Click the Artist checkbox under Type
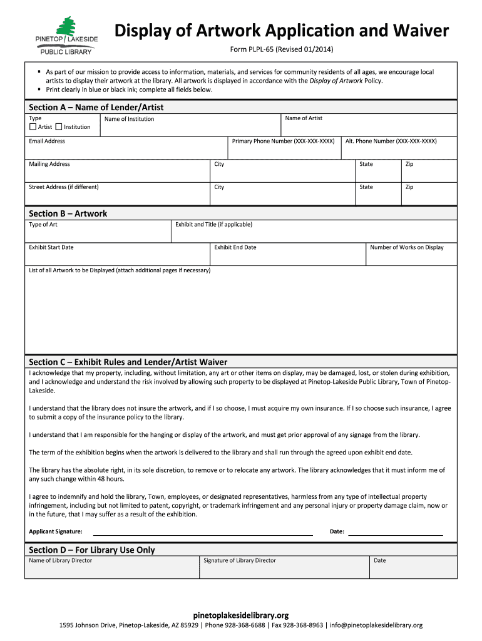[33, 126]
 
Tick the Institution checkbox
[59, 126]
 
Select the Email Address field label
[47, 141]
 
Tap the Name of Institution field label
[129, 119]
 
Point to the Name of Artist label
[304, 118]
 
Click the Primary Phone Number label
[283, 141]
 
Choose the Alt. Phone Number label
[391, 141]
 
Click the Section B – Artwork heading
[68, 213]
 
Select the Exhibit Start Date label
[51, 247]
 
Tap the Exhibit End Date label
[235, 247]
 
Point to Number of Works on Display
[407, 247]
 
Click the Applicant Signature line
[203, 533]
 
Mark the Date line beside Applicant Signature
[395, 533]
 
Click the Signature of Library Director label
[240, 560]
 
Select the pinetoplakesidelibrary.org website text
[241, 615]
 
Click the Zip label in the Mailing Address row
[409, 164]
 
